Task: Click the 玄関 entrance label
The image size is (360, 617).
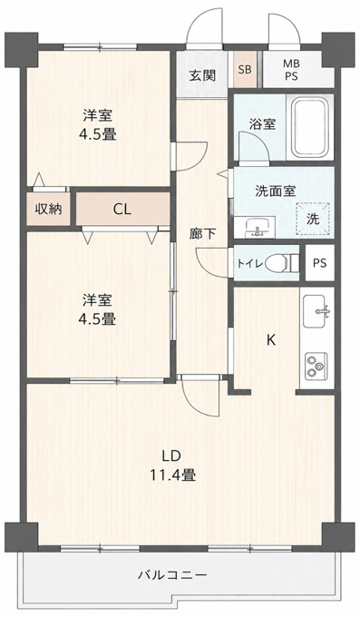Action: pos(202,75)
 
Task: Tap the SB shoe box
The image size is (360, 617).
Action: pos(244,70)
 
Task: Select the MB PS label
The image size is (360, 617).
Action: pos(292,70)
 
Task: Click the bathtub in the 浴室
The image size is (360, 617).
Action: pos(309,126)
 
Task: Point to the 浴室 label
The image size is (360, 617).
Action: pos(262,124)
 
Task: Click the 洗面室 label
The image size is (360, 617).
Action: pos(275,191)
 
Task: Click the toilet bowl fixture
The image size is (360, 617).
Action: pos(282,263)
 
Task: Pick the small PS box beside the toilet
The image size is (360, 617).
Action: pos(320,263)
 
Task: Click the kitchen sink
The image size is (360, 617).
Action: pos(316,310)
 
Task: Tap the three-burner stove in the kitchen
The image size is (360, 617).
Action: pos(316,367)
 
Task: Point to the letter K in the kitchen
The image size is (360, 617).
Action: pos(271,339)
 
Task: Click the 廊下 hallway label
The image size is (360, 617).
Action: pos(202,234)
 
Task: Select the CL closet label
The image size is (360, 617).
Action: pos(122,210)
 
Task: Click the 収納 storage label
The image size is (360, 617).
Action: pos(49,209)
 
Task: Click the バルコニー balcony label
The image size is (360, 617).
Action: pos(172,575)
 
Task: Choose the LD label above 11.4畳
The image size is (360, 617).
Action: pos(171,455)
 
